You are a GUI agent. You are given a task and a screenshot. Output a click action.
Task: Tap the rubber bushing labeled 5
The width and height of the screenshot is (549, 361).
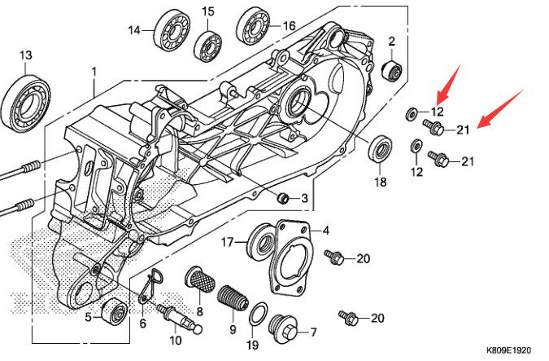click(115, 313)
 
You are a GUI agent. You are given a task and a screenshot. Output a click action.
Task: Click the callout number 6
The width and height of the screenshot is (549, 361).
click(142, 324)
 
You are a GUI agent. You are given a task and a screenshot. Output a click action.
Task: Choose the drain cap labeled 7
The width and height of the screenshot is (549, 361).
click(284, 328)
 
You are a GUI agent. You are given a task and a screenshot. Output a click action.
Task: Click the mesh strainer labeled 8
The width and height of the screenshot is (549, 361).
click(200, 281)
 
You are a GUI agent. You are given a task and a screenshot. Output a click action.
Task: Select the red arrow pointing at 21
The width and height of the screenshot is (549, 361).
click(497, 111)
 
